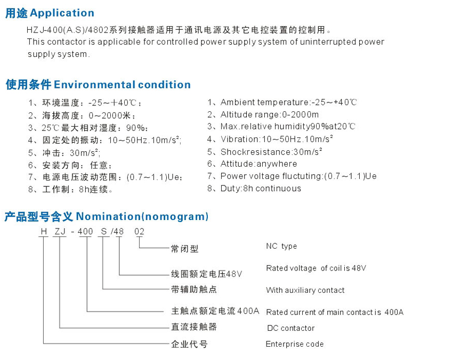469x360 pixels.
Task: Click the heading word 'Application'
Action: pos(62,13)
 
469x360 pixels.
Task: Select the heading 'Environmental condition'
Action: pos(123,85)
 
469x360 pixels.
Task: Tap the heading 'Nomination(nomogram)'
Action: pos(142,217)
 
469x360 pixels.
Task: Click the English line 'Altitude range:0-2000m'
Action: pos(270,114)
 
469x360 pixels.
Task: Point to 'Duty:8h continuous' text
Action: pos(261,189)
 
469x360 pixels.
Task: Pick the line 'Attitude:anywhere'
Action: pos(259,164)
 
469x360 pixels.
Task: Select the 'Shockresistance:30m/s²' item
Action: pos(271,152)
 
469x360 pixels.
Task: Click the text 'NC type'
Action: pos(281,246)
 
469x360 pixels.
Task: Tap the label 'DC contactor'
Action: pos(290,328)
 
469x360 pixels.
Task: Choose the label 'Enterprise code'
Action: pos(295,344)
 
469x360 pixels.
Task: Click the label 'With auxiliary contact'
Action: pos(305,290)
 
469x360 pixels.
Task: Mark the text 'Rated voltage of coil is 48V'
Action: pos(316,268)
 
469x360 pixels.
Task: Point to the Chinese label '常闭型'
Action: pos(184,249)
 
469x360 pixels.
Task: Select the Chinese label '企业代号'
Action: pos(189,345)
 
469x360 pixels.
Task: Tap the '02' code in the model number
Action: pos(139,232)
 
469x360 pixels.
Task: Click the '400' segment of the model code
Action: pos(85,232)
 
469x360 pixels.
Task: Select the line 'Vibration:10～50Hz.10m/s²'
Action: pos(277,139)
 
